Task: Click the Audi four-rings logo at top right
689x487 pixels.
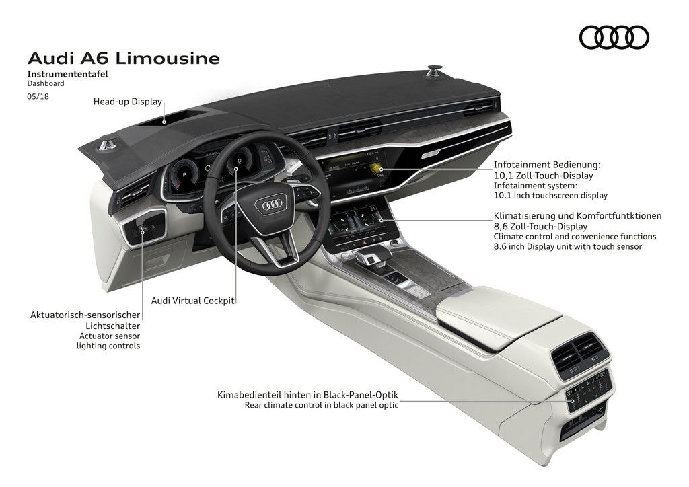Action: (x=614, y=37)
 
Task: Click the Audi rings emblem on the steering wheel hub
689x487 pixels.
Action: (x=275, y=204)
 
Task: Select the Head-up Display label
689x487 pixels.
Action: (x=128, y=102)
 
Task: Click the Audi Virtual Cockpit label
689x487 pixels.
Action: (x=192, y=301)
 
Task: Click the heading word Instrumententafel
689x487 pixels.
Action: (x=67, y=74)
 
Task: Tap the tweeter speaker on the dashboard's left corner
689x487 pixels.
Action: (x=106, y=143)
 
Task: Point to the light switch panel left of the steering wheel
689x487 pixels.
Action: (x=145, y=230)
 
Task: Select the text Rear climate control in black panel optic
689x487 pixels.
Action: (x=322, y=405)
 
